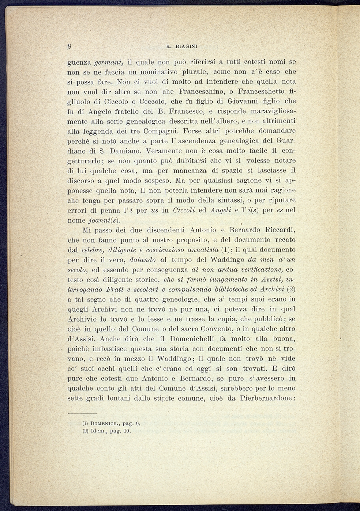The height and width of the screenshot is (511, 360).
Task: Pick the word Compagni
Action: (161, 131)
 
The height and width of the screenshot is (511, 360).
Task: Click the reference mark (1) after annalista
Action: (225, 250)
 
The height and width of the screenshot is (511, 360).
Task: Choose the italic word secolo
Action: (78, 270)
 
